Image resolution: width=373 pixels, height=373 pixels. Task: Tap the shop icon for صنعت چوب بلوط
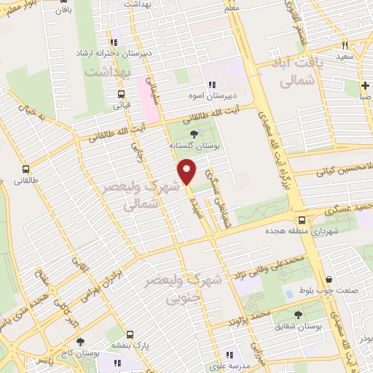pos(329,280)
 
